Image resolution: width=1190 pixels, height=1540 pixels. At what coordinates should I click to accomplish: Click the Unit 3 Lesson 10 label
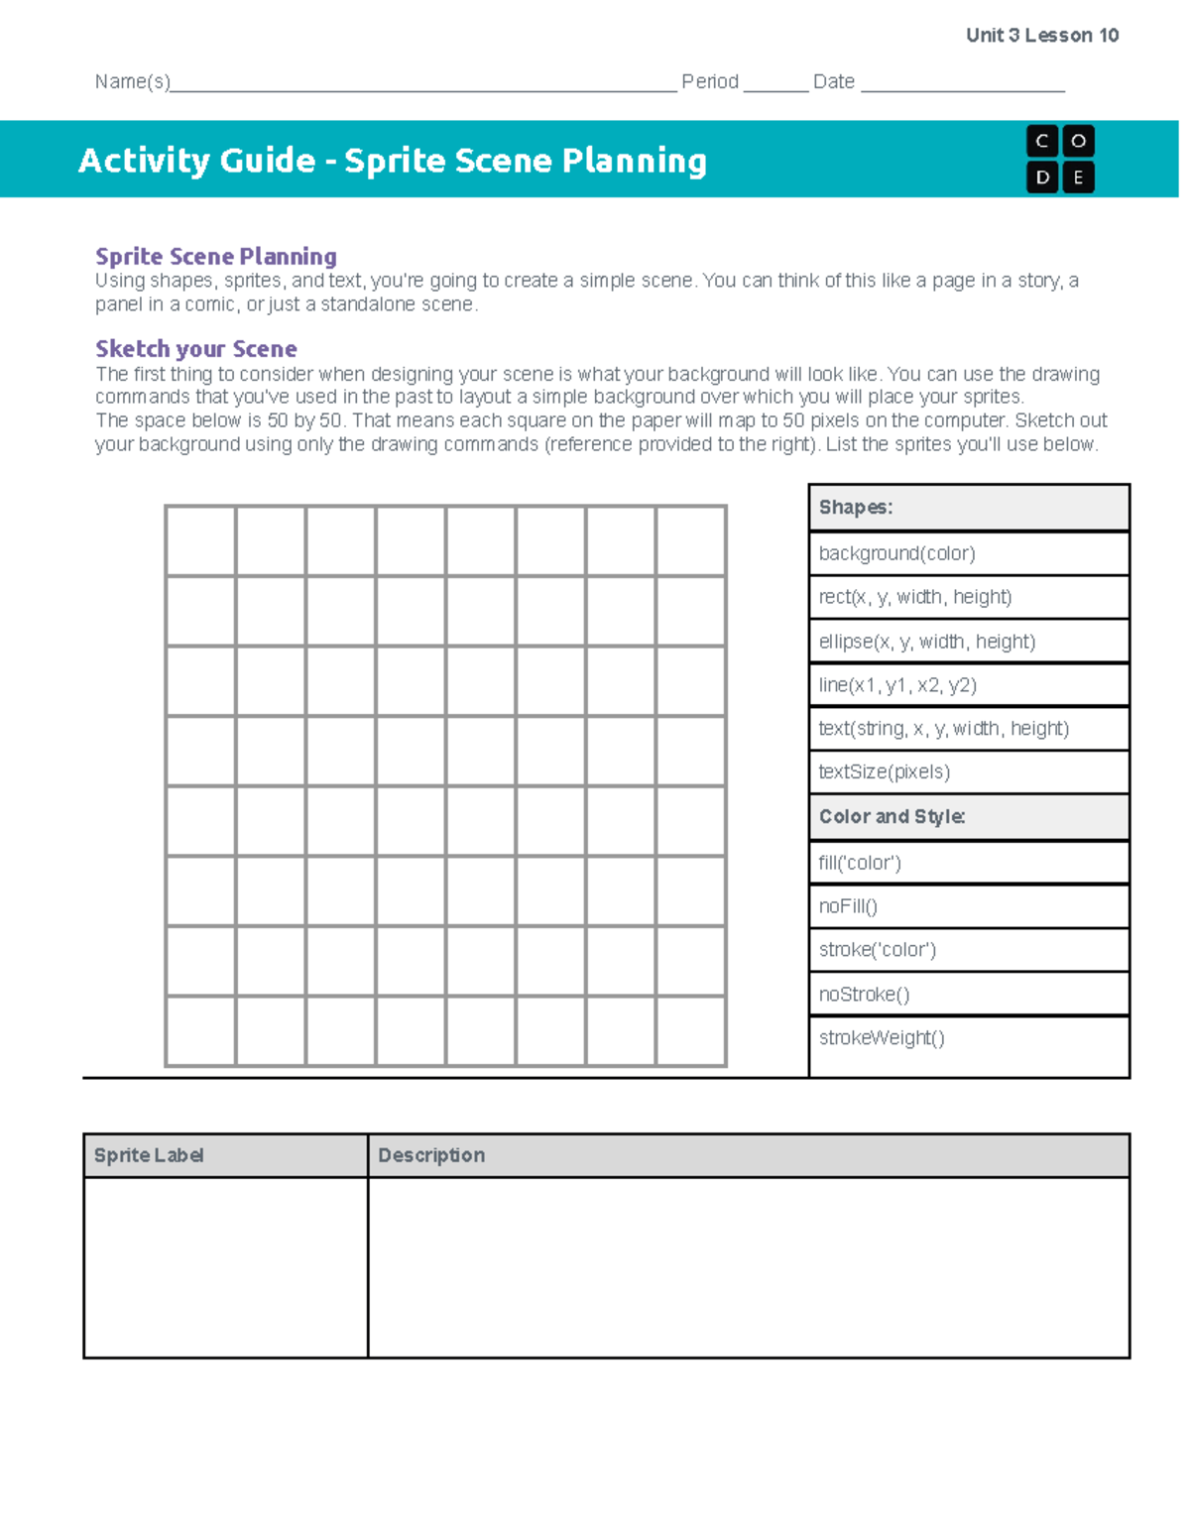click(x=1041, y=36)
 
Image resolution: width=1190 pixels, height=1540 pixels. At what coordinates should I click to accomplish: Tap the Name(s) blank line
click(x=423, y=83)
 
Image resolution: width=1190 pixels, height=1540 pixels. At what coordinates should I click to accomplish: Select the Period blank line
click(x=775, y=83)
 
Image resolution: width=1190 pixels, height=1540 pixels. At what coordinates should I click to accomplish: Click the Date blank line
click(x=962, y=83)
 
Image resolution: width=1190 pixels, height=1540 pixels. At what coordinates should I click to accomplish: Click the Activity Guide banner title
click(x=393, y=161)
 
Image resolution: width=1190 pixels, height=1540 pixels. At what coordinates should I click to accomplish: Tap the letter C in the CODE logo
click(x=1041, y=142)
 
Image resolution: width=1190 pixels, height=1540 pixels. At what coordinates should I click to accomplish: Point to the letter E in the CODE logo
click(x=1078, y=178)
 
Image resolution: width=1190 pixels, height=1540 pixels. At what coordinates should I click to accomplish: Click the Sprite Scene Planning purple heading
click(x=215, y=257)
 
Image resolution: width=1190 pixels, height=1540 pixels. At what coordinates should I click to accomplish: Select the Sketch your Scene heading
click(x=196, y=349)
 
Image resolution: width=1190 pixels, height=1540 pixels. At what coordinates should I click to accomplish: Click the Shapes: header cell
click(x=969, y=508)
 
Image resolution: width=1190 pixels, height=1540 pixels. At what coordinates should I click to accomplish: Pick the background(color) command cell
click(x=969, y=553)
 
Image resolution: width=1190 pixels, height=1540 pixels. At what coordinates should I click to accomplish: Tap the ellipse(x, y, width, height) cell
click(x=969, y=642)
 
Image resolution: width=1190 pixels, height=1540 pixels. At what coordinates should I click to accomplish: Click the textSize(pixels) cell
click(x=969, y=771)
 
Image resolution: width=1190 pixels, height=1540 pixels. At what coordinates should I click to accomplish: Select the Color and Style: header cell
click(x=969, y=817)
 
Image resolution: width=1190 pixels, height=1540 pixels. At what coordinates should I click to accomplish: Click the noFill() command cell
click(x=969, y=906)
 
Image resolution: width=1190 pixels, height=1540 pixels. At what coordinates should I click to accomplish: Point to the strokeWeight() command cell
click(x=969, y=1038)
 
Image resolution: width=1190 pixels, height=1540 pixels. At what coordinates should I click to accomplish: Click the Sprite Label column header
click(x=225, y=1155)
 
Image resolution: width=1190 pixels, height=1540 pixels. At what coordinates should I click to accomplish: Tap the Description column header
click(x=748, y=1155)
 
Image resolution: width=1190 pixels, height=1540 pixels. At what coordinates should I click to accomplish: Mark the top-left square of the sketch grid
click(x=201, y=541)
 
